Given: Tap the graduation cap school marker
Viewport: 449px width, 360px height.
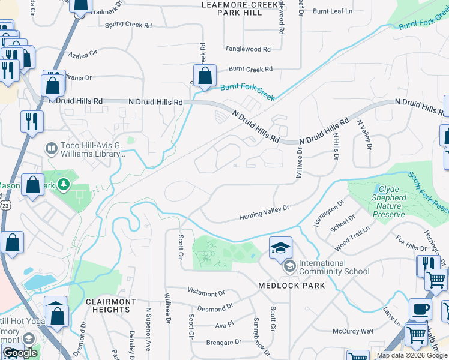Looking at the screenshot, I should pos(280,248).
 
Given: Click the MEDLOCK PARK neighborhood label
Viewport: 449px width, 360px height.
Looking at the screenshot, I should pos(291,286).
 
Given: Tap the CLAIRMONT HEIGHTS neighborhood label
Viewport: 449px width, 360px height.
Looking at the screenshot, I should pos(111,306).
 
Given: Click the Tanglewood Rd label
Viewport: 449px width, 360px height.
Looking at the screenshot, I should pos(247,49).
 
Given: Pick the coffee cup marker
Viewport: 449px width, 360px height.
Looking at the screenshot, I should pos(420,310).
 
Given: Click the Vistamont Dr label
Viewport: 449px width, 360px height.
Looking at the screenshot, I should pos(205,293).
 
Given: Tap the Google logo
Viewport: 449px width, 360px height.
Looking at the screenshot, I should pos(20,353).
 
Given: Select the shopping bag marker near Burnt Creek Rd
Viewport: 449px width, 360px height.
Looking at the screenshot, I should pos(205,76).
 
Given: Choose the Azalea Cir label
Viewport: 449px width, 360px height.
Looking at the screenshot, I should pos(83,54).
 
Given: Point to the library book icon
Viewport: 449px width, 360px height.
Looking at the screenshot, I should pos(51,147).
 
